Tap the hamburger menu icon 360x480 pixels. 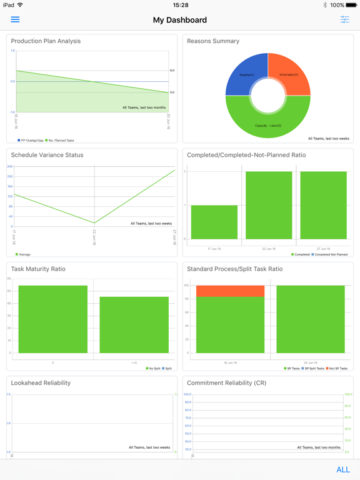(15, 20)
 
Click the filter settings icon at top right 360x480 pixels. (344, 20)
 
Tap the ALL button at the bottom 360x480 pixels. (342, 469)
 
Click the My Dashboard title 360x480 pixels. (179, 20)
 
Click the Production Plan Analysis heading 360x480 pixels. (46, 41)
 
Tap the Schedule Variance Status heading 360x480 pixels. (47, 155)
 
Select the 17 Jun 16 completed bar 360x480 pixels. (214, 222)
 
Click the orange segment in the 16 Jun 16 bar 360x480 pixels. (230, 291)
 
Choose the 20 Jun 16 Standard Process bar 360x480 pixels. (311, 319)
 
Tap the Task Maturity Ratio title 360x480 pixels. (38, 269)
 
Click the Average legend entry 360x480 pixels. (23, 254)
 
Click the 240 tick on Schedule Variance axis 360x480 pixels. (10, 167)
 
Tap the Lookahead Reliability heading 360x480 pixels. (41, 382)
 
